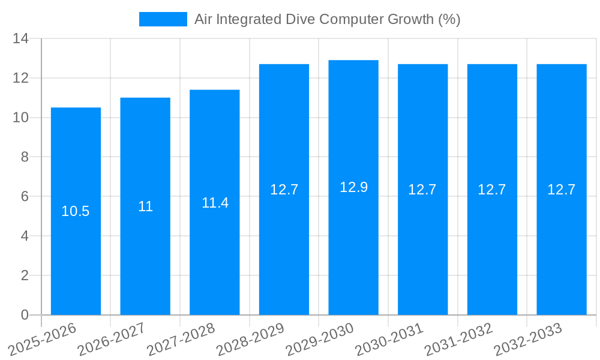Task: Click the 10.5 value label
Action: click(76, 211)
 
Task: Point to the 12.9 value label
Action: click(353, 187)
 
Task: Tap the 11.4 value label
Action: click(215, 203)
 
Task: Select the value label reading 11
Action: click(145, 207)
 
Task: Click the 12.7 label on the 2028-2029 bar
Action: click(284, 190)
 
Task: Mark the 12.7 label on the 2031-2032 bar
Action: click(492, 190)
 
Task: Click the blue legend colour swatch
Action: click(163, 19)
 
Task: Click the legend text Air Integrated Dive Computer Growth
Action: click(327, 19)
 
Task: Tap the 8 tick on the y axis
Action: click(24, 157)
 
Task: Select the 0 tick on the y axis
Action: click(24, 315)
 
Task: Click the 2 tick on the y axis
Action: click(24, 275)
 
